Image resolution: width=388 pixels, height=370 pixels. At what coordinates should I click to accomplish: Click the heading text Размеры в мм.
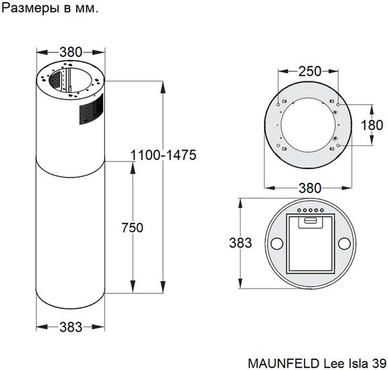50,8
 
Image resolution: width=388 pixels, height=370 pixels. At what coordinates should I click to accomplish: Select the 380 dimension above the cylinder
71,52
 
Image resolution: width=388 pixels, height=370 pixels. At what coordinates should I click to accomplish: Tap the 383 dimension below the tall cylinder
71,327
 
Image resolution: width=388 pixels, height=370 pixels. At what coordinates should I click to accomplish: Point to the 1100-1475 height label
163,155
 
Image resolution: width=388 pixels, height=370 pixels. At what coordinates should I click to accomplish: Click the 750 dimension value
132,227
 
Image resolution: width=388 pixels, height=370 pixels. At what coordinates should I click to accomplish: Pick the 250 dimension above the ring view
309,71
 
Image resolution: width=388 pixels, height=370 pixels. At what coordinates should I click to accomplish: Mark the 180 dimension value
372,125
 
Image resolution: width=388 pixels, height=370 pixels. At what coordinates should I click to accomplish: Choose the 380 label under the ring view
310,188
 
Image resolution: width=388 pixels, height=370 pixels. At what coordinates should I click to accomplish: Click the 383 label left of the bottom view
240,243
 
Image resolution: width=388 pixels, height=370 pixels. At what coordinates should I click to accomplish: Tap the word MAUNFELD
284,363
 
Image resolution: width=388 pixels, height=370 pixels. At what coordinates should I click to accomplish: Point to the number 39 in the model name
379,363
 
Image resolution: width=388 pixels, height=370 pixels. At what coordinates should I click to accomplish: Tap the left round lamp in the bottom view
277,244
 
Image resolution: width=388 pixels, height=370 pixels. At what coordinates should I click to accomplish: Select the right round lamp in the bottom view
344,244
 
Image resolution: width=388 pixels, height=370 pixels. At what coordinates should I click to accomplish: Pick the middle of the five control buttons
311,211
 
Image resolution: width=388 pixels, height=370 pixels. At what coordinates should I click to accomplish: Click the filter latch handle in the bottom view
311,220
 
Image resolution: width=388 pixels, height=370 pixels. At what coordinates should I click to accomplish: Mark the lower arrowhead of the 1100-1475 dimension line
163,287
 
